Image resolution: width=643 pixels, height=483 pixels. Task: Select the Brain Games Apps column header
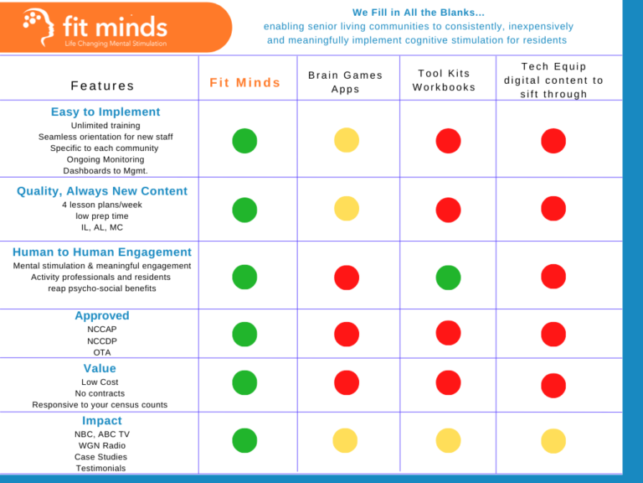[x=345, y=82]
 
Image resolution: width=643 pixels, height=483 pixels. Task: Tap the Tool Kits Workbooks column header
[x=444, y=80]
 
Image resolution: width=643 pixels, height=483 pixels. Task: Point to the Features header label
[x=102, y=86]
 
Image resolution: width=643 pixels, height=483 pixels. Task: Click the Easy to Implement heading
[x=105, y=112]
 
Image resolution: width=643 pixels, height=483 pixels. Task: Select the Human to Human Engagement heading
[x=102, y=252]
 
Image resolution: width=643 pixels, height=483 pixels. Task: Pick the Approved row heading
[x=102, y=315]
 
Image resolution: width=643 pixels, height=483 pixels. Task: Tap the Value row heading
[x=100, y=368]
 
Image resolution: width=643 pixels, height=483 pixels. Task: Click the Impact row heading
[x=102, y=420]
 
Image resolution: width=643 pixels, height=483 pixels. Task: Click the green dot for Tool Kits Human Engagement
[x=448, y=277]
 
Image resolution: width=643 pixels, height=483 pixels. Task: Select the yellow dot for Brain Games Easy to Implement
[x=347, y=140]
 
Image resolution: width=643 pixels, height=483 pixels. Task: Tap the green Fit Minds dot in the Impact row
[x=244, y=440]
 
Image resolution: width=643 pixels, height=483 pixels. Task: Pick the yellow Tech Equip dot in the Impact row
[x=553, y=440]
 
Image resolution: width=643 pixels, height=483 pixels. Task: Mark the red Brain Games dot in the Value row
[x=347, y=383]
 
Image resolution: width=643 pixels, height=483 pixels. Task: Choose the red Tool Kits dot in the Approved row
[x=448, y=333]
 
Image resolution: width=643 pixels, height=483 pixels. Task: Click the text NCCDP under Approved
[x=102, y=341]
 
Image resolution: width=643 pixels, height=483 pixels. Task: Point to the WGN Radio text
[x=101, y=445]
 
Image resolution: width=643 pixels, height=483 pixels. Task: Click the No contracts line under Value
[x=100, y=393]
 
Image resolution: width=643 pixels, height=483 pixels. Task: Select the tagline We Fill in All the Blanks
[x=418, y=13]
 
